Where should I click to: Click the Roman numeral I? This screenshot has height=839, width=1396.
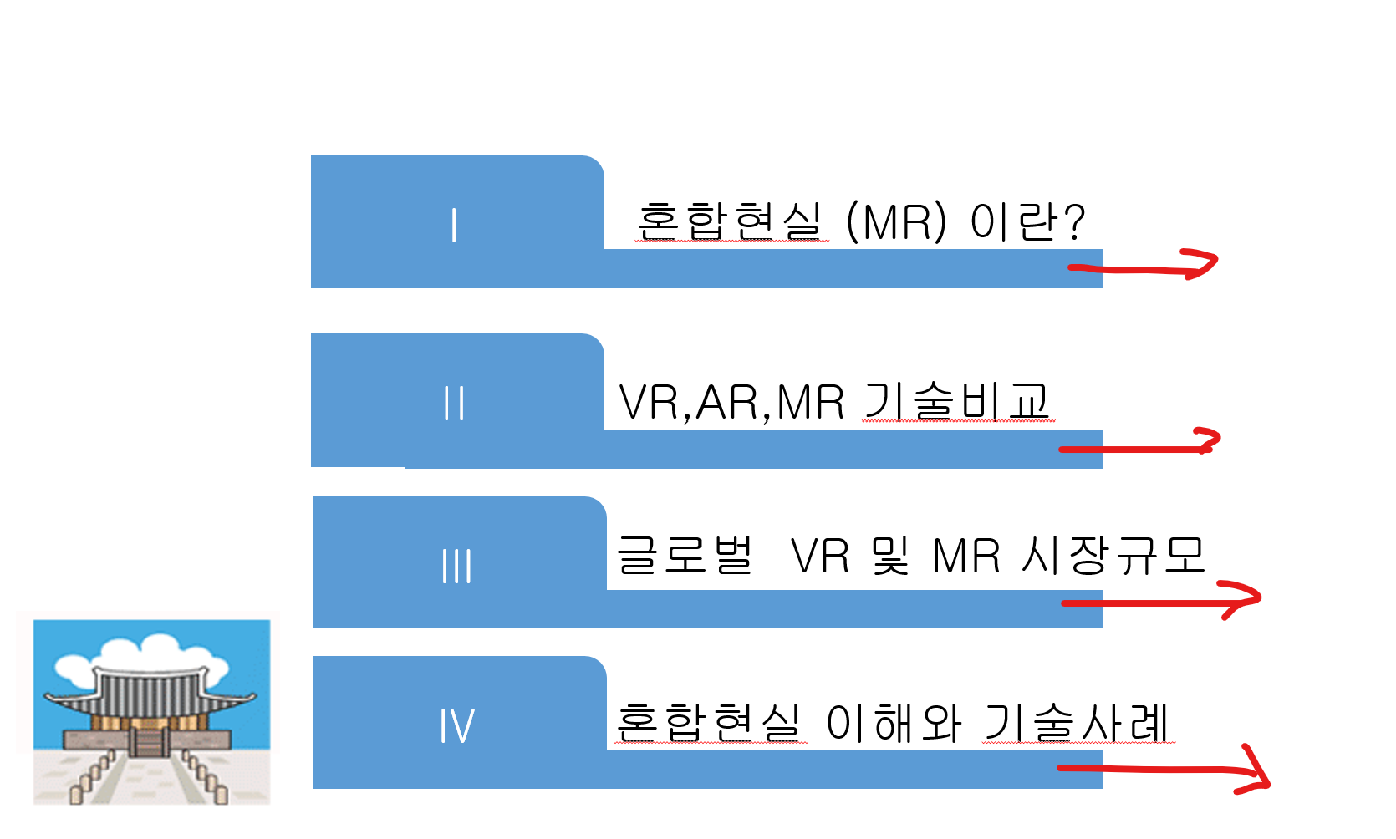click(454, 226)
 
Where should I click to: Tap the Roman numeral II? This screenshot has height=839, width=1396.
click(454, 404)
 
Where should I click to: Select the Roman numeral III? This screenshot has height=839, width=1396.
click(456, 566)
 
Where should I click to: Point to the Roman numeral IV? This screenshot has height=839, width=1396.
click(456, 725)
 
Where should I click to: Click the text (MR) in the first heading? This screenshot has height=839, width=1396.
click(896, 222)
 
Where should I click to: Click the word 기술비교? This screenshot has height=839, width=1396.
click(956, 402)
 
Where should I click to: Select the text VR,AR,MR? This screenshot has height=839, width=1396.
click(731, 403)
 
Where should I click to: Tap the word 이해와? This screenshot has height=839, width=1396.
click(893, 723)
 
